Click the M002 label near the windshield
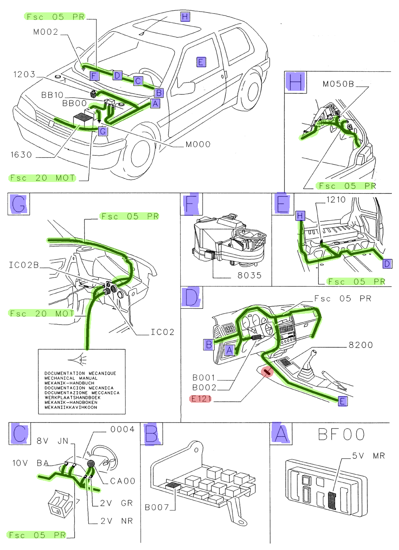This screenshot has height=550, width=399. tap(45, 32)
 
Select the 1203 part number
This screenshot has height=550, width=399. tap(24, 74)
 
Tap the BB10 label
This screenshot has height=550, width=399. tap(52, 95)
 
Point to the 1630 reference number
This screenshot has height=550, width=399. tap(21, 155)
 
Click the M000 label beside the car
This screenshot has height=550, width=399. tap(198, 145)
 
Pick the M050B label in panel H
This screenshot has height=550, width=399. tap(338, 84)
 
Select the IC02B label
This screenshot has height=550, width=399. tap(24, 265)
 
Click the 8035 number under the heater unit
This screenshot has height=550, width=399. tap(249, 276)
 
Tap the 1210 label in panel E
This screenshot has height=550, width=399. tap(336, 200)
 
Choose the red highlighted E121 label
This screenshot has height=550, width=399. tap(201, 399)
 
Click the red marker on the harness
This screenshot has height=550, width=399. tap(267, 372)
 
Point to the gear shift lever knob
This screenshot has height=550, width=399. tap(314, 353)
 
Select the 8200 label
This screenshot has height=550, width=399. tap(361, 345)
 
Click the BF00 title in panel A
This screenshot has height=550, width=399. tap(341, 435)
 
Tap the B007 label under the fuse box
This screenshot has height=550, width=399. tap(157, 507)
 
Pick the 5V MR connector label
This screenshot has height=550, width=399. tap(368, 456)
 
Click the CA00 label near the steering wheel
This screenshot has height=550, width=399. tap(122, 481)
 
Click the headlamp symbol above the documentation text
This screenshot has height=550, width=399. tap(79, 360)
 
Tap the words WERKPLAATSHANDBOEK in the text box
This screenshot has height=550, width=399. tap(72, 397)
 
